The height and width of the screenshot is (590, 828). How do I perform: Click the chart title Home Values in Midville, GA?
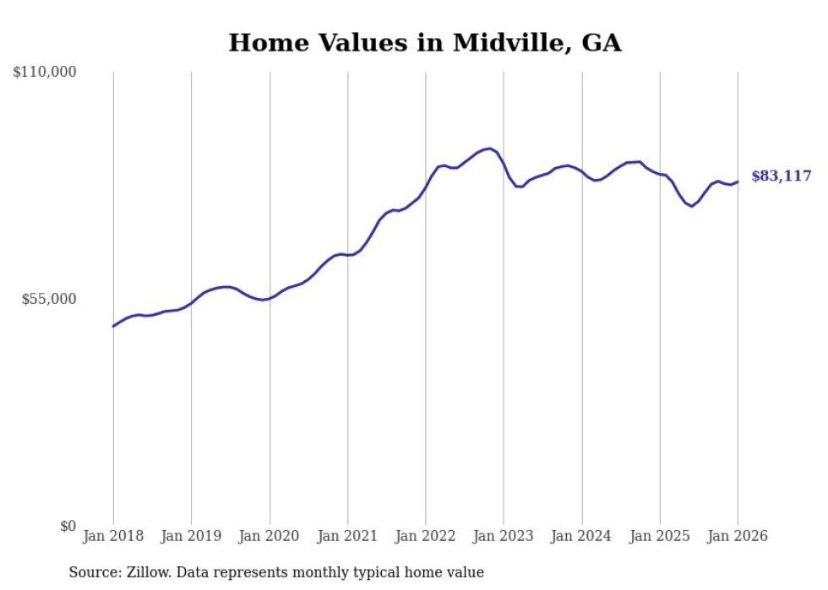425,43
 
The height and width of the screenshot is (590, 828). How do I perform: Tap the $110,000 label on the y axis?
45,73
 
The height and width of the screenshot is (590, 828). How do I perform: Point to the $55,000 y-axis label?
48,300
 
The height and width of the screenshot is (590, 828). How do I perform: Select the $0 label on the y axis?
68,527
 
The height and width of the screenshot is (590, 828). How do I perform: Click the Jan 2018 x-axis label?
113,537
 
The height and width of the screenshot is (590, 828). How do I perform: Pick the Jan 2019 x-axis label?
191,537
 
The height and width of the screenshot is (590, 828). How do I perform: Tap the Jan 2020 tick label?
270,537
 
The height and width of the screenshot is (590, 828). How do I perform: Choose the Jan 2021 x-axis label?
347,537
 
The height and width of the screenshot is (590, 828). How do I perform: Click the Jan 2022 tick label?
426,537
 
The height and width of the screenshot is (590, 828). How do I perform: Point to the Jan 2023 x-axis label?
504,537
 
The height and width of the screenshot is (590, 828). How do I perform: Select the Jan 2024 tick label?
581,537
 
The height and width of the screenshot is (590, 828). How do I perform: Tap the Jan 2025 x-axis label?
660,537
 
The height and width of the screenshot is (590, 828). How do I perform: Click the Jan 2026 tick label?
738,537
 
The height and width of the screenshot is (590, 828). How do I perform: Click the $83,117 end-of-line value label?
781,176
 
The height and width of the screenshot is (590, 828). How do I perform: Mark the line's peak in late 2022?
490,149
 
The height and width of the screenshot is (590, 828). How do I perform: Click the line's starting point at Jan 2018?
113,326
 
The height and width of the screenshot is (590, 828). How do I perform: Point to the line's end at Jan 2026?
738,181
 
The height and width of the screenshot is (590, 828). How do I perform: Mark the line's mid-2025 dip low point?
692,206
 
